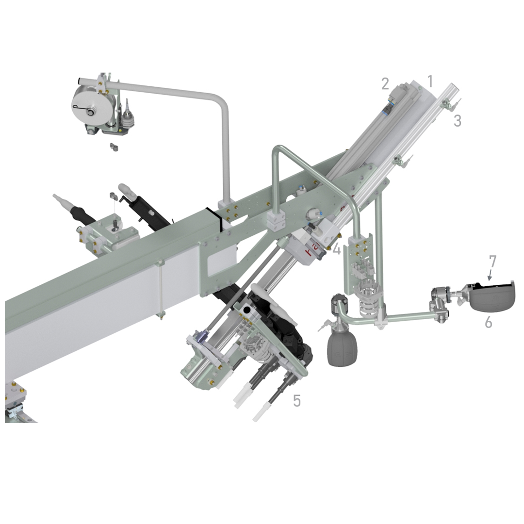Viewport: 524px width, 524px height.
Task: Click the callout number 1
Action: (430, 81)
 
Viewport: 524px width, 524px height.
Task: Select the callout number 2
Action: (385, 83)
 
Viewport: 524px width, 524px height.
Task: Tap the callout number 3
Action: (458, 121)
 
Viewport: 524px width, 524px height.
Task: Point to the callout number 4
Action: (336, 249)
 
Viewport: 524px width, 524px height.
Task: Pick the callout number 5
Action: (297, 400)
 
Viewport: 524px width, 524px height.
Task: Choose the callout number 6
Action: (488, 322)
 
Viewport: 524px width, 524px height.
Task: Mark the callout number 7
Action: (492, 262)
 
